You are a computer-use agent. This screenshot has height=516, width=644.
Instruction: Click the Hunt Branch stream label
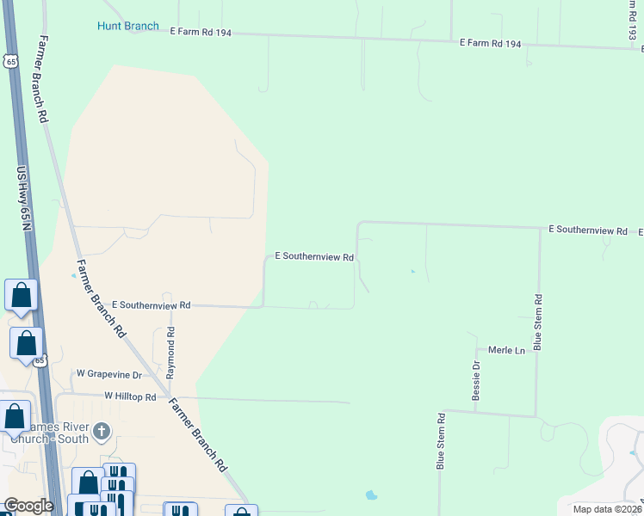pos(127,26)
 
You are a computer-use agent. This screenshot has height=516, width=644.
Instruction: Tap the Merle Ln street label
pos(506,351)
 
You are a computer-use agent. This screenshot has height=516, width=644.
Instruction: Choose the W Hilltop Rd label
pos(130,396)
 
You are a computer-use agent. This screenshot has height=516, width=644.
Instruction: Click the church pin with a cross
pos(102,431)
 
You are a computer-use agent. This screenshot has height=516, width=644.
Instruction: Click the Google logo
pos(28,506)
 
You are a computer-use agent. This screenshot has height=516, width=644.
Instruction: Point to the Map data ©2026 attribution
pos(606,509)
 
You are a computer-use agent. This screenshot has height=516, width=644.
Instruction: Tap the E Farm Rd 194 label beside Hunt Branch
pos(201,30)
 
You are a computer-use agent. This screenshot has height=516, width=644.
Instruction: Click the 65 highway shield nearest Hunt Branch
pos(9,60)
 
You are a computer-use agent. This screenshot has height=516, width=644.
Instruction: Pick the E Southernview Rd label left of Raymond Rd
pos(151,305)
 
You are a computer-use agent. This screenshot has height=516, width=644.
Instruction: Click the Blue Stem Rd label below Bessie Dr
pos(440,440)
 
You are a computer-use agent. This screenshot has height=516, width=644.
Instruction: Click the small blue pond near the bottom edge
pos(371,495)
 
